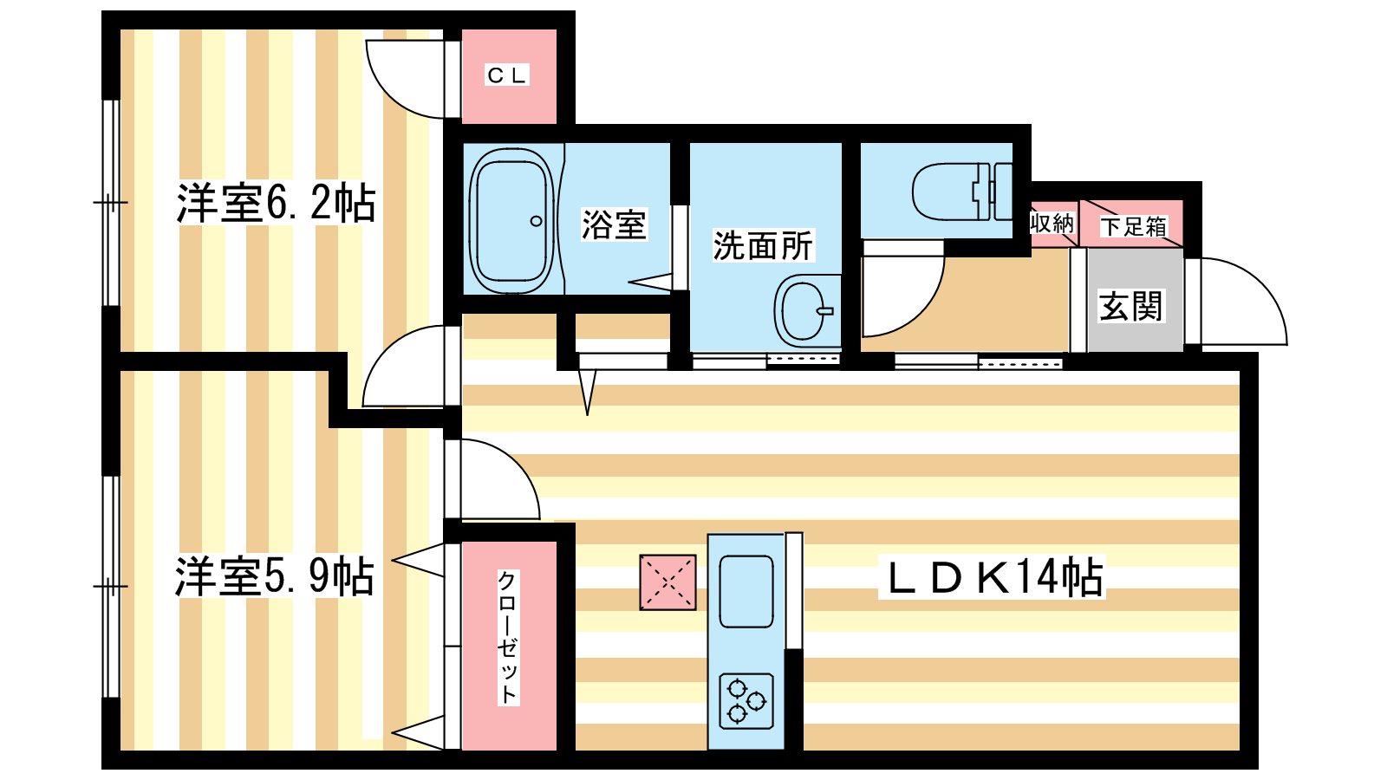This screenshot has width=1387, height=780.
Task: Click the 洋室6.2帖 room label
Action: pyautogui.click(x=277, y=203)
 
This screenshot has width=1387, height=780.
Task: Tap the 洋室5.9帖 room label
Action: pyautogui.click(x=275, y=576)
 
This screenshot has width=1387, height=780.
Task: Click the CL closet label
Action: pyautogui.click(x=506, y=75)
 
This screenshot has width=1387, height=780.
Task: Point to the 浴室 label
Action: pyautogui.click(x=614, y=224)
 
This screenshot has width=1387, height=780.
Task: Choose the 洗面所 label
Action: pyautogui.click(x=763, y=246)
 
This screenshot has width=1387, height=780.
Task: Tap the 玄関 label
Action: pyautogui.click(x=1130, y=306)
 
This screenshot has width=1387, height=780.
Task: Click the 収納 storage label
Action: pyautogui.click(x=1052, y=224)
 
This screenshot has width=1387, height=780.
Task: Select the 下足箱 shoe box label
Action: pyautogui.click(x=1134, y=226)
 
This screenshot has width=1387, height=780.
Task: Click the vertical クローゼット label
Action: pyautogui.click(x=508, y=638)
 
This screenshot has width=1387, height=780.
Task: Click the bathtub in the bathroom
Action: pyautogui.click(x=511, y=220)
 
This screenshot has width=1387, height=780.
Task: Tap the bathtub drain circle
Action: pyautogui.click(x=537, y=221)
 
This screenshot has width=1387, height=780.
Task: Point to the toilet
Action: pyautogui.click(x=961, y=192)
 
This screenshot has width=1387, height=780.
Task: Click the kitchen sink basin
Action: pyautogui.click(x=746, y=591)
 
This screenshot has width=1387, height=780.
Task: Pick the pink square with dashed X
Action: pyautogui.click(x=667, y=582)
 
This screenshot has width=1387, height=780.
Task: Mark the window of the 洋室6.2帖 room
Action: pyautogui.click(x=111, y=203)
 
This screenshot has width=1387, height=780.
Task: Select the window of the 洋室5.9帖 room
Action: pyautogui.click(x=111, y=586)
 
